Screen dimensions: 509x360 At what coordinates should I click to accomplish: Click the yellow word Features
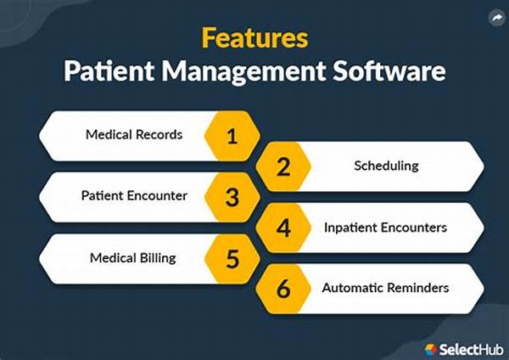pyautogui.click(x=255, y=38)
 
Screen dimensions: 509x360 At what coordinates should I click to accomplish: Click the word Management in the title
pyautogui.click(x=243, y=72)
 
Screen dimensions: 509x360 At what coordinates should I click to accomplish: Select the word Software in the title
pyautogui.click(x=389, y=70)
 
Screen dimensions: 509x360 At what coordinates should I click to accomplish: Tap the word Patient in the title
pyautogui.click(x=109, y=70)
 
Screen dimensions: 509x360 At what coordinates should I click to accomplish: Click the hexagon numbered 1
pyautogui.click(x=232, y=136)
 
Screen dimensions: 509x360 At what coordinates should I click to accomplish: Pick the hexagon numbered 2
pyautogui.click(x=283, y=166)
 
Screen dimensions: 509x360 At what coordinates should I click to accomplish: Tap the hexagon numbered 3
pyautogui.click(x=232, y=197)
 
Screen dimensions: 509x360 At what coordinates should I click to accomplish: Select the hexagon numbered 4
pyautogui.click(x=283, y=228)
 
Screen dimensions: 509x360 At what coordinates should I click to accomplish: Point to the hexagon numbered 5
pyautogui.click(x=232, y=259)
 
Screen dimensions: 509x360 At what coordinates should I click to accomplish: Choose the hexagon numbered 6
pyautogui.click(x=283, y=289)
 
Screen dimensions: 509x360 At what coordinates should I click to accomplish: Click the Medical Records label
pyautogui.click(x=134, y=134)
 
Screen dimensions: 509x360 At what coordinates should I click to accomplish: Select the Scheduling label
pyautogui.click(x=386, y=166)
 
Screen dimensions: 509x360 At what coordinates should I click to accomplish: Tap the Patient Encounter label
pyautogui.click(x=134, y=195)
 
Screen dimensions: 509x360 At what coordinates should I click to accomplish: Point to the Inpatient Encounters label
pyautogui.click(x=386, y=228)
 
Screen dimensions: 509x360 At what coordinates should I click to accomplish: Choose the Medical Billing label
pyautogui.click(x=133, y=258)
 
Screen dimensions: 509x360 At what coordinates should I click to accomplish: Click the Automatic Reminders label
pyautogui.click(x=386, y=288)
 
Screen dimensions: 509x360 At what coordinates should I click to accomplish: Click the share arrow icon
pyautogui.click(x=496, y=18)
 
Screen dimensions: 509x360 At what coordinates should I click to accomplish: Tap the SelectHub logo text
pyautogui.click(x=471, y=350)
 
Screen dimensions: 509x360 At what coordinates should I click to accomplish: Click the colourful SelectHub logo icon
pyautogui.click(x=431, y=350)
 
